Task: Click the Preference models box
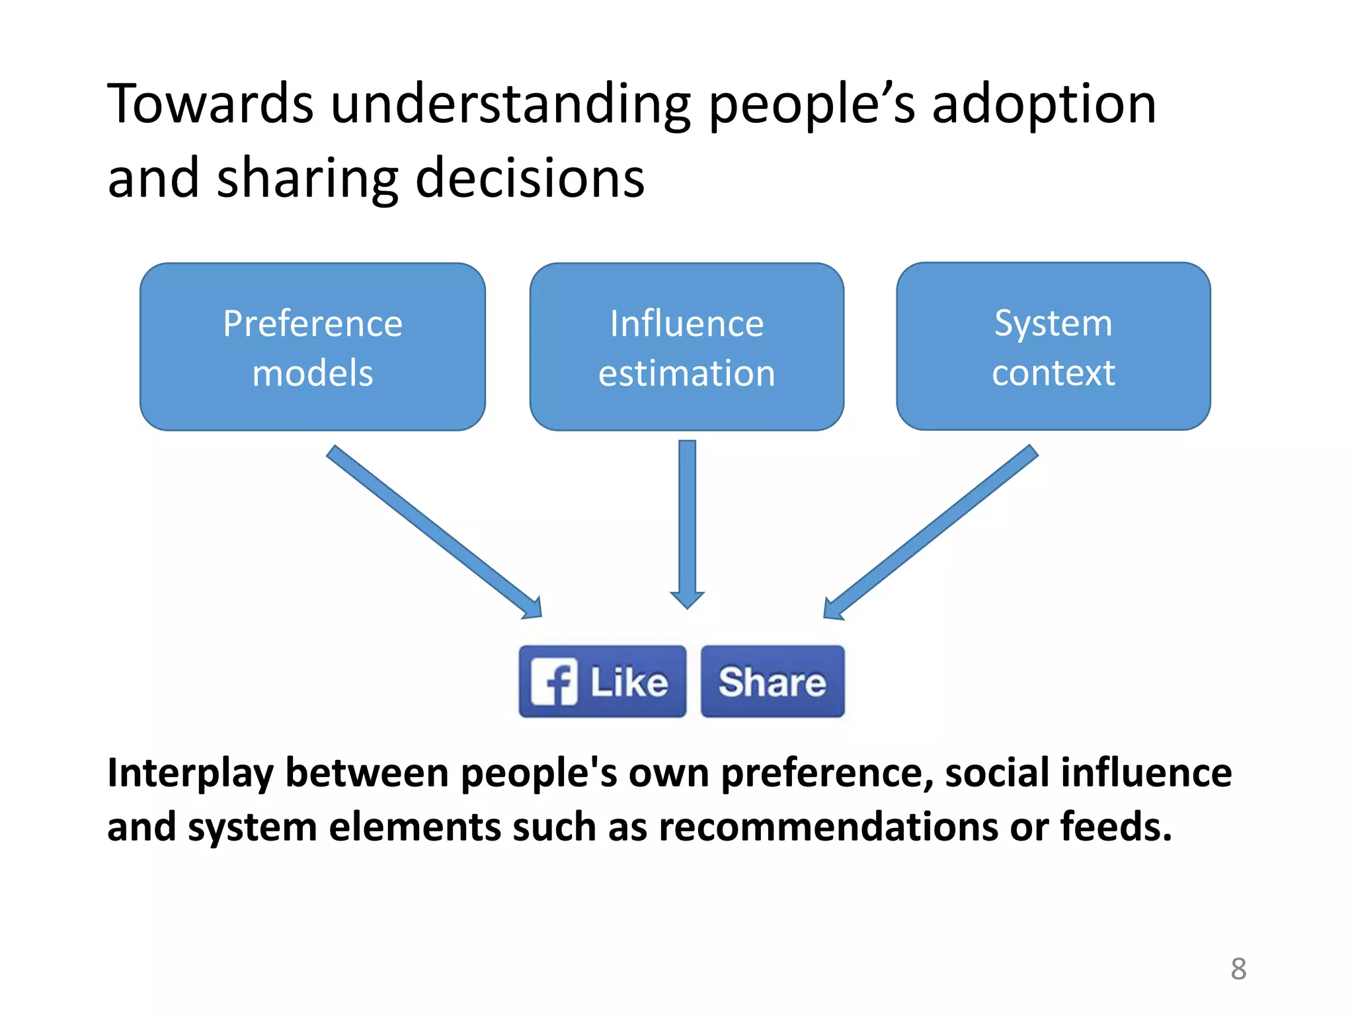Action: point(312,347)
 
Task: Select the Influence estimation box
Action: point(686,347)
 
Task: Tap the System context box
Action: point(1053,346)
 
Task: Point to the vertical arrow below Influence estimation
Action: point(687,522)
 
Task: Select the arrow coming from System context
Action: point(932,532)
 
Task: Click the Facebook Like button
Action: point(602,681)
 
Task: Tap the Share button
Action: point(772,681)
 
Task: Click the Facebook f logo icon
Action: point(554,682)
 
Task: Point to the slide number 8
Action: point(1238,969)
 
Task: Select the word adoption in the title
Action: point(1044,106)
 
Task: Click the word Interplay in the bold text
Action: point(190,773)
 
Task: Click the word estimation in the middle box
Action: point(686,373)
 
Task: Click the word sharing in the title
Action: point(307,180)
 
